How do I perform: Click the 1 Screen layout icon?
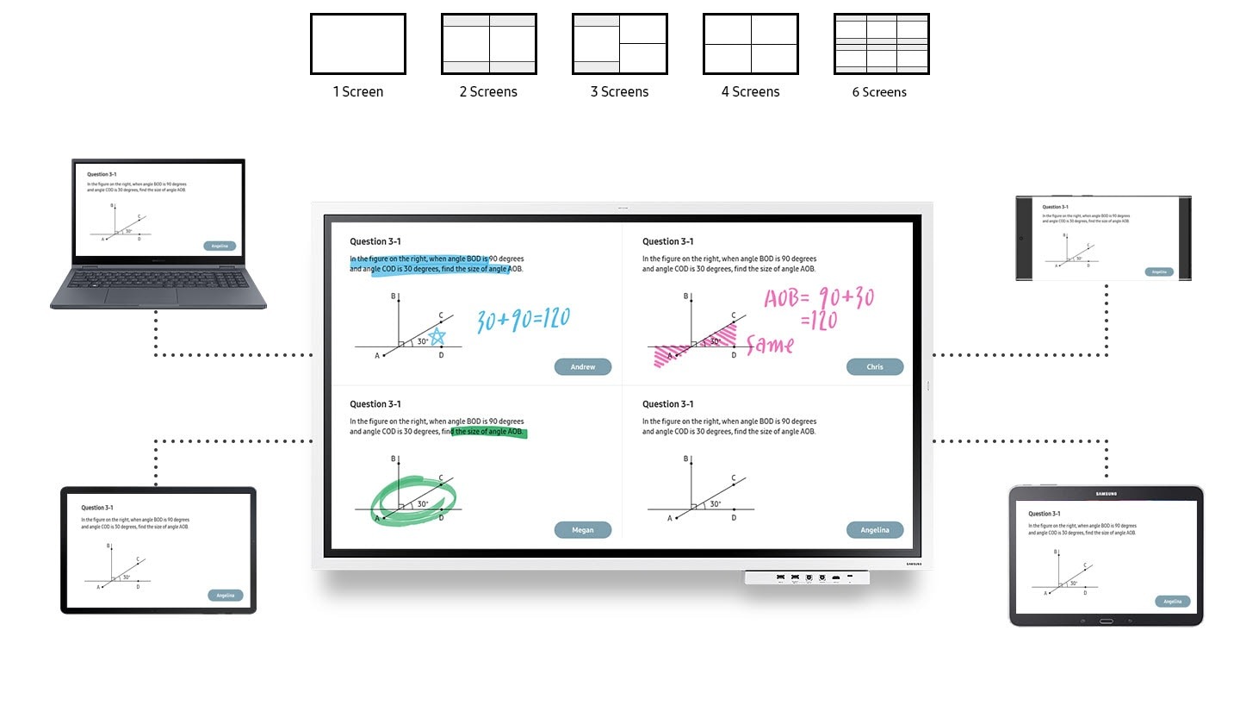357,44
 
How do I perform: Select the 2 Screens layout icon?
488,44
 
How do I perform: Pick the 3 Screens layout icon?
619,44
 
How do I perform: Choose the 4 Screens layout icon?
750,44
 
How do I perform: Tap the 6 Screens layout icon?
881,44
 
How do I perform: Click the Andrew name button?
583,367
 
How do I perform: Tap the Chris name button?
875,367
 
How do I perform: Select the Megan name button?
583,530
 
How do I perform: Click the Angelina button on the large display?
875,530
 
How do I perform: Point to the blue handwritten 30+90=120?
524,320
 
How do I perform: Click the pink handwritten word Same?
770,345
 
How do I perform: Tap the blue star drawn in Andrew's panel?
437,336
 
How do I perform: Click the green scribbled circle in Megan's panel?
413,500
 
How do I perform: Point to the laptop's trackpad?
142,296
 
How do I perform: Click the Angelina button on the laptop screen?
220,246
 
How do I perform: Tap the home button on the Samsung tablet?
1107,621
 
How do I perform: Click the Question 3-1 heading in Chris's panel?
667,241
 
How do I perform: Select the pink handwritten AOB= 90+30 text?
818,299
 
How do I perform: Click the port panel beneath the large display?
807,577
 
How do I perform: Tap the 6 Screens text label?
879,92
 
